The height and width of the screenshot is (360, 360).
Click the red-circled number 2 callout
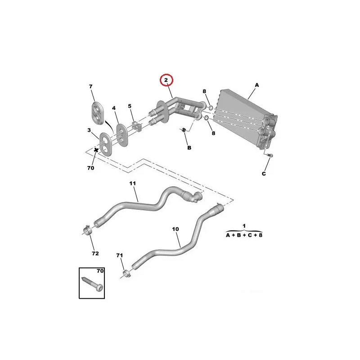(x=167, y=81)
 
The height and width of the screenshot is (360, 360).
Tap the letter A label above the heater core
(x=257, y=85)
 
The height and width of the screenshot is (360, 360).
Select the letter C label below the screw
(x=264, y=174)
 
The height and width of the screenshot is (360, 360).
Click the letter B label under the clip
(x=189, y=148)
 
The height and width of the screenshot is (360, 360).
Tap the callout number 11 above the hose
(x=132, y=184)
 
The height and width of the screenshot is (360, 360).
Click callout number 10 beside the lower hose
(x=175, y=229)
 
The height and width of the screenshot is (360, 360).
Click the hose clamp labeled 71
(x=126, y=273)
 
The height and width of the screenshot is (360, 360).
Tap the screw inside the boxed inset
(x=93, y=283)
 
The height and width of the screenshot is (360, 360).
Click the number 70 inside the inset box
(x=99, y=272)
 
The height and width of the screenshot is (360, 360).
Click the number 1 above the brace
(x=243, y=225)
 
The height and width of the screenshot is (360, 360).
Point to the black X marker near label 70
(x=96, y=150)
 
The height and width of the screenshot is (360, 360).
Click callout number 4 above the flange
(x=114, y=108)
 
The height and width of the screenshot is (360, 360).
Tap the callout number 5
(x=130, y=107)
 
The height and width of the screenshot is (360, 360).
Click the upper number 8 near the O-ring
(x=204, y=92)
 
